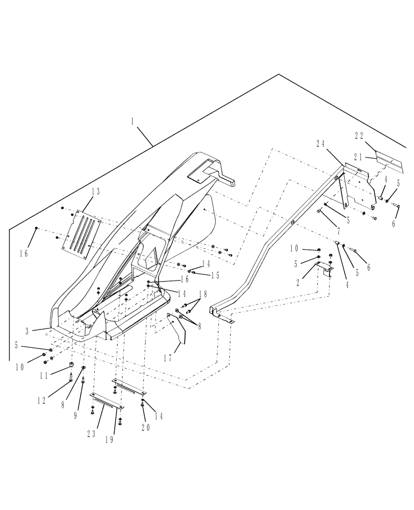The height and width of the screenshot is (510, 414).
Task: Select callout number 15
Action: click(x=215, y=275)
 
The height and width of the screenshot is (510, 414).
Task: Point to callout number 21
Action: click(x=359, y=158)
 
